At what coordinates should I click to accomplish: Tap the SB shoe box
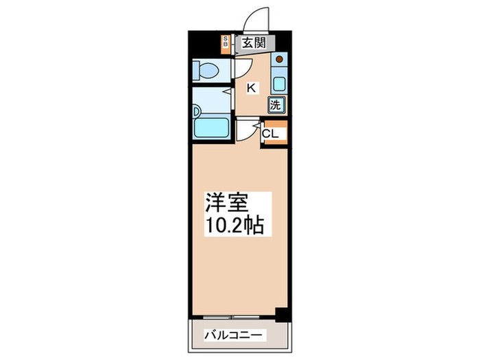coord(225,43)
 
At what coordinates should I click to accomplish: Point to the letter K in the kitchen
coord(252,88)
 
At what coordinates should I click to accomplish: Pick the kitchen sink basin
coord(279,84)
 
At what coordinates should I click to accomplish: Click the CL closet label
coord(269,134)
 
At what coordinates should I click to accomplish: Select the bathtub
coord(213,128)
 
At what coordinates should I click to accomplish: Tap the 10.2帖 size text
coord(233,226)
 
